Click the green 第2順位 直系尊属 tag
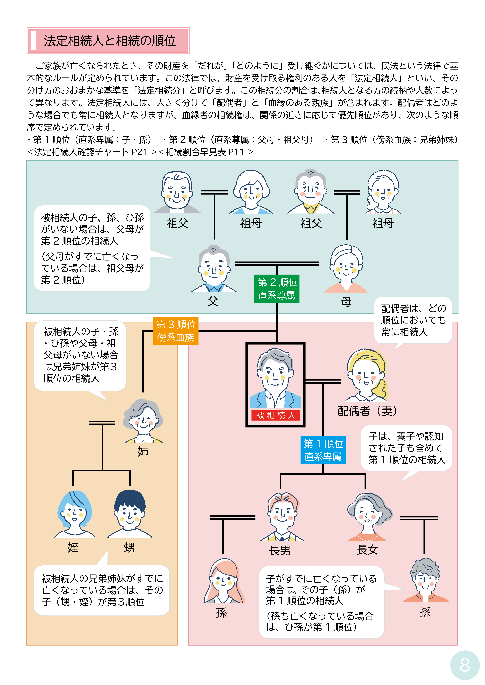click(x=277, y=288)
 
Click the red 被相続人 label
click(x=275, y=415)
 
